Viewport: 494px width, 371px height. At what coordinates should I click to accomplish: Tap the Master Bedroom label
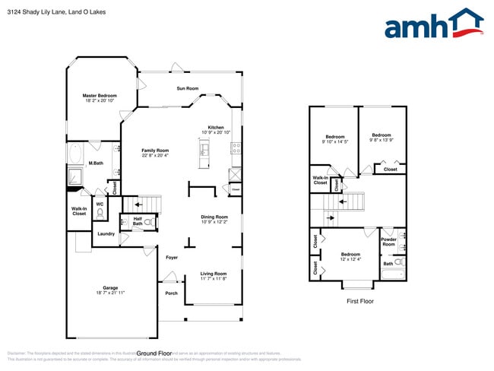click(x=100, y=96)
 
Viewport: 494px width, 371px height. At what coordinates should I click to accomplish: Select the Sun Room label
click(x=187, y=88)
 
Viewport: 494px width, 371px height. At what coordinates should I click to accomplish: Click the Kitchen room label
click(x=216, y=127)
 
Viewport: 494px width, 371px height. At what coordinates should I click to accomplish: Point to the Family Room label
click(x=155, y=151)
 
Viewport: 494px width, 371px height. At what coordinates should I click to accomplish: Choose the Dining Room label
click(x=214, y=217)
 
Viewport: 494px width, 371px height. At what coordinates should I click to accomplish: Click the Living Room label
click(x=214, y=274)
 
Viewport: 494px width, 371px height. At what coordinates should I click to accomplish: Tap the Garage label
click(x=110, y=288)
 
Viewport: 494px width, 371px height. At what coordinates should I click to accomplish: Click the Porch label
click(x=171, y=293)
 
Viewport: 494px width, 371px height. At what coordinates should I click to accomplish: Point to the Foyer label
click(x=172, y=258)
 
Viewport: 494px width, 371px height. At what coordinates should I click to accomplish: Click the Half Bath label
click(x=138, y=222)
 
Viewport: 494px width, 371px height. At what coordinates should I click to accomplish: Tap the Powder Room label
click(x=388, y=242)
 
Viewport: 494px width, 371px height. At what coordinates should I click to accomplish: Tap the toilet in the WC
click(x=100, y=214)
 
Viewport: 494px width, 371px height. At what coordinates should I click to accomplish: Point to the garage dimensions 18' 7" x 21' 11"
click(x=110, y=293)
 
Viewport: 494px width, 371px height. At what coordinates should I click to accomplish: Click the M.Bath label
click(x=96, y=163)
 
